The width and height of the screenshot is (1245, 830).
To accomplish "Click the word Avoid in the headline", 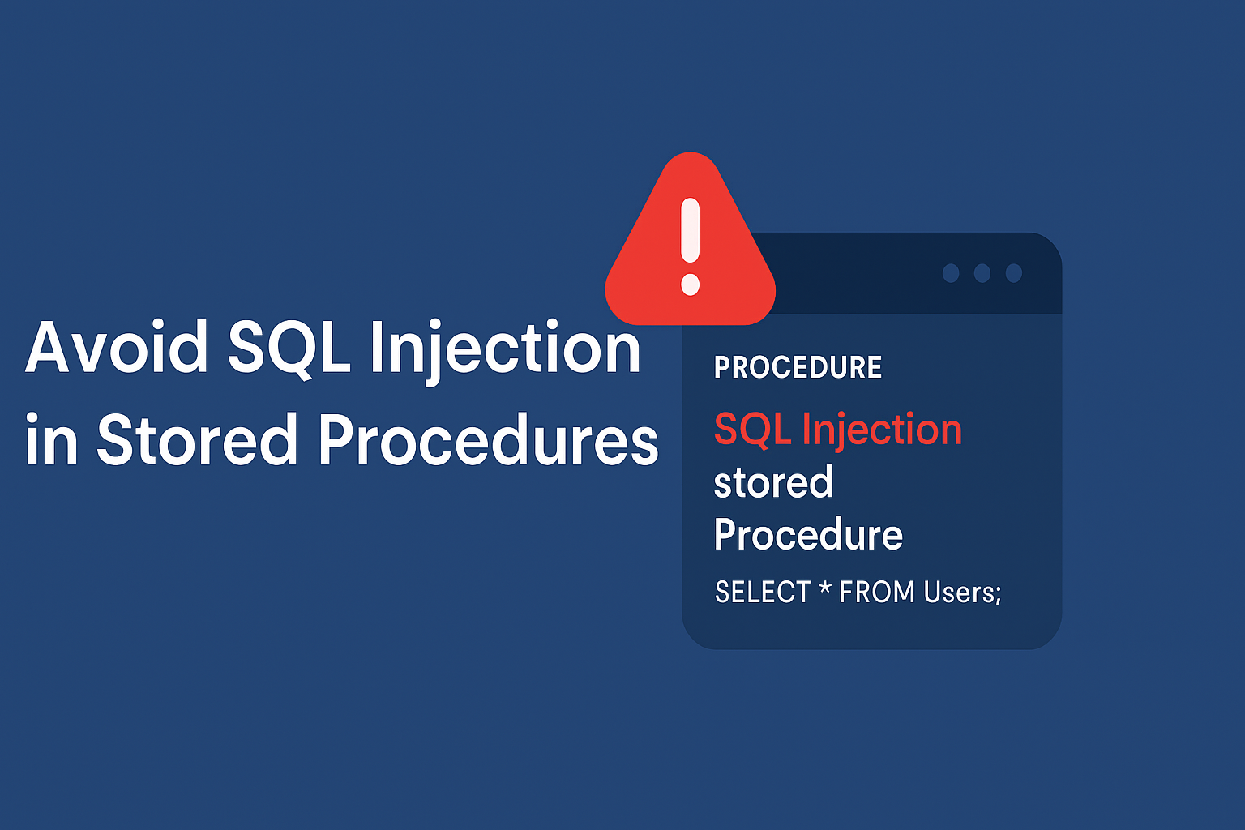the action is pos(117,346).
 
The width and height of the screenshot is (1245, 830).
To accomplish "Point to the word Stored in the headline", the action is pos(198,439).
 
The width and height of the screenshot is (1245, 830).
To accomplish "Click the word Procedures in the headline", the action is pos(488,439).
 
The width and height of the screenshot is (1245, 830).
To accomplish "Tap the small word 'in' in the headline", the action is pos(51,439).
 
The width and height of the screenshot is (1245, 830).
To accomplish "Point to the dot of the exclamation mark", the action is pos(691,284).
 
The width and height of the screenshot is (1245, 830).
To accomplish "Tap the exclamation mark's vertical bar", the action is pos(691,230).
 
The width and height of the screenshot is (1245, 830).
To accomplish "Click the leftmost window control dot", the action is pos(951,273).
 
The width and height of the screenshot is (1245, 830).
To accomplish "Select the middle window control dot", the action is pos(982,273).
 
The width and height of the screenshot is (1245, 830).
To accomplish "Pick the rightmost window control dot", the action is pos(1014,273).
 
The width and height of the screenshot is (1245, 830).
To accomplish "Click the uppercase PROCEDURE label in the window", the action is pos(798,367).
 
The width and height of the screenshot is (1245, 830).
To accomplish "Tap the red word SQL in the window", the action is pos(752,430).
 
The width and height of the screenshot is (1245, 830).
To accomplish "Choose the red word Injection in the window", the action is pos(882,431).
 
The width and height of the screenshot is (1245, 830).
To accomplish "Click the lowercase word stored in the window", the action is pos(773,481).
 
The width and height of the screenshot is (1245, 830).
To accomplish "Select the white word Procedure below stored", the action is pos(808,533).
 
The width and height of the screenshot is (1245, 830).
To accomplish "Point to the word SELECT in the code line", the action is pos(763,592).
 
